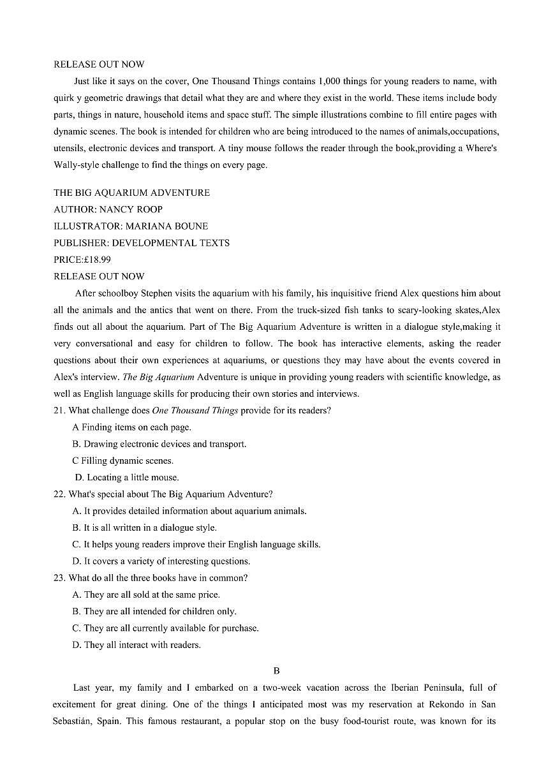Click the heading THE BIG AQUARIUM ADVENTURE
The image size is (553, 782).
coord(131,193)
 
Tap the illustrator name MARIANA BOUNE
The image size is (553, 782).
coord(166,226)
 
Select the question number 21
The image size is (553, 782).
coord(59,411)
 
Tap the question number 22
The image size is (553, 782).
coord(59,494)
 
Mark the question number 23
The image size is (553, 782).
coord(59,578)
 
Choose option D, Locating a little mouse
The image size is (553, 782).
coord(127,477)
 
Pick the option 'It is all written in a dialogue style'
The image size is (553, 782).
coord(144,527)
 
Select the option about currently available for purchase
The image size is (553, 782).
coord(165,628)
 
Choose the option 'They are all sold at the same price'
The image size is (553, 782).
coord(146,594)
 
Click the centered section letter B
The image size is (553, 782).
coord(276,670)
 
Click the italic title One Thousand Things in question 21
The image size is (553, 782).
coord(195,411)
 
